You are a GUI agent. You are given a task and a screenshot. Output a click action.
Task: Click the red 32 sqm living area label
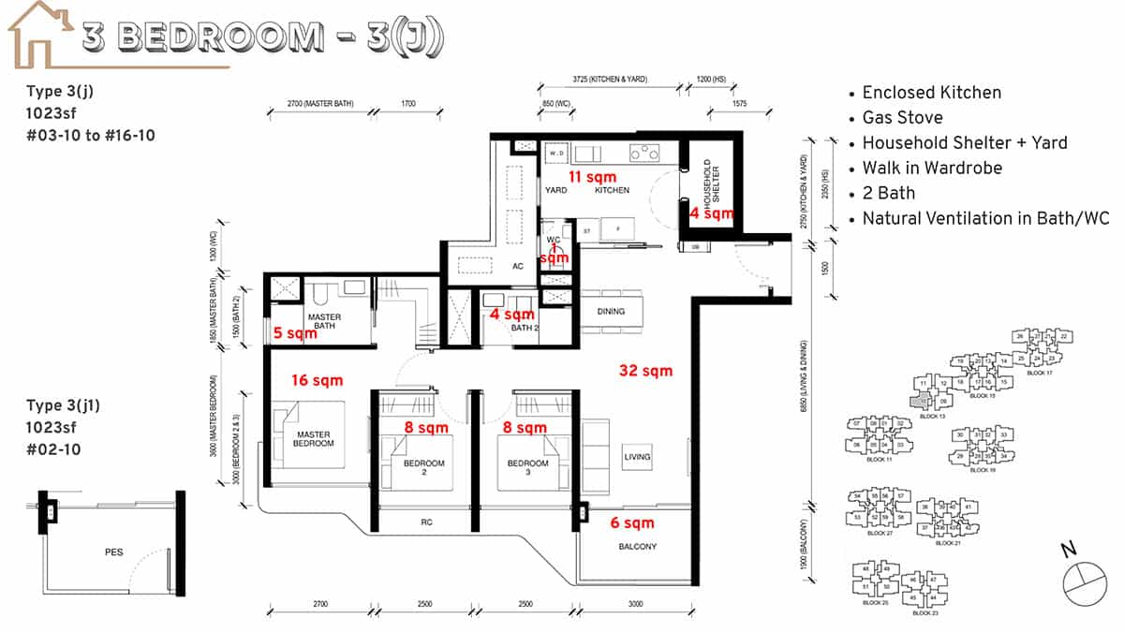pos(645,371)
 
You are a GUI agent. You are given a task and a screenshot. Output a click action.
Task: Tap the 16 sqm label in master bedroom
pos(317,380)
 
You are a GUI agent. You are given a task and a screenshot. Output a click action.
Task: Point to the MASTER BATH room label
pos(324,321)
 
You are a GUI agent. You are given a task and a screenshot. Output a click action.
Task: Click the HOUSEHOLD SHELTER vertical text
pos(713,184)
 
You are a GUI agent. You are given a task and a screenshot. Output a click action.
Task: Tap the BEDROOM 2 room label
pos(423,467)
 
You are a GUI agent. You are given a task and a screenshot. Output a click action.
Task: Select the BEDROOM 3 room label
pos(527,467)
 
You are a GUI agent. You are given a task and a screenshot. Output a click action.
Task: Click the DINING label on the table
pos(610,312)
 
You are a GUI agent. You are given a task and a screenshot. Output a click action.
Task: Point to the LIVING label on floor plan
pos(637,457)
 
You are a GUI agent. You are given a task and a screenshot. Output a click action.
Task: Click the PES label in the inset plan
pos(113,553)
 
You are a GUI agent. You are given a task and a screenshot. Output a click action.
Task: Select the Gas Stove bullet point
pos(902,118)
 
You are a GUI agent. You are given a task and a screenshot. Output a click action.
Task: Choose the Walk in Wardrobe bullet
pos(932,169)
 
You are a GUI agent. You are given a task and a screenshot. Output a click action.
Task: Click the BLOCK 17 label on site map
pos(1040,373)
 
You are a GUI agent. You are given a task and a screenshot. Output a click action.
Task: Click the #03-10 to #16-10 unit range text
pos(91,135)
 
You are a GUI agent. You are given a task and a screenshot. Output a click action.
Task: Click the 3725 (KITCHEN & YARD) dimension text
pos(610,80)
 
